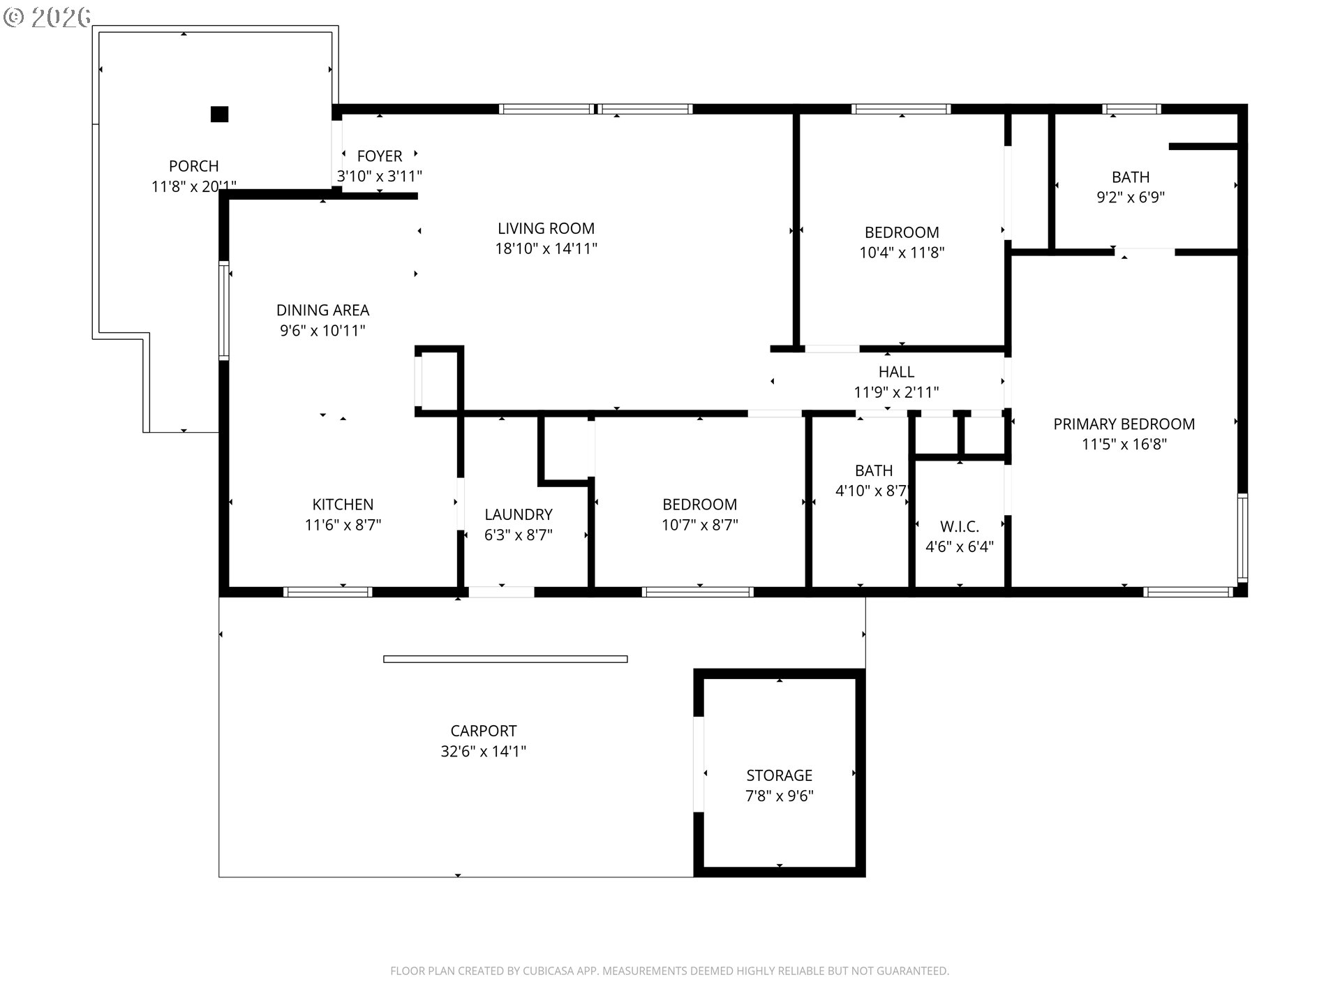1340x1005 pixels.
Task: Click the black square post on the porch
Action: [x=219, y=114]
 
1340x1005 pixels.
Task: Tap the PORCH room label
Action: [x=194, y=166]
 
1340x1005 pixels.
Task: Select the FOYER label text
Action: [x=380, y=156]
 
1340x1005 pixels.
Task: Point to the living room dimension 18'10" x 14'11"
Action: [x=546, y=248]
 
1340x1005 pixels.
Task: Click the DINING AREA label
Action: [x=322, y=310]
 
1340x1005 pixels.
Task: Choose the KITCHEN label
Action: [x=343, y=505]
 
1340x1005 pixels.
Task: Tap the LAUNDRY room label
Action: [x=519, y=514]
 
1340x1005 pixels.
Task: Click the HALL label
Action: [x=896, y=372]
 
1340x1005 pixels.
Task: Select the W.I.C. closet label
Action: [x=960, y=526]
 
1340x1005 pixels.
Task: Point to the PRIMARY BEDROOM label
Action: [x=1124, y=424]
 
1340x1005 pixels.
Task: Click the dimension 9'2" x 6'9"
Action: [x=1131, y=198]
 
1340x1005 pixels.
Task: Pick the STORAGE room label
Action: [x=780, y=775]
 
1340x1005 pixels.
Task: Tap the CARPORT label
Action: [x=484, y=731]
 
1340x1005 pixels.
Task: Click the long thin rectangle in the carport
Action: [x=505, y=659]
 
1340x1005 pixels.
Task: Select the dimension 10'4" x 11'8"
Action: [x=902, y=253]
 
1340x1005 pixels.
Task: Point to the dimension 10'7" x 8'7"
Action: [x=700, y=525]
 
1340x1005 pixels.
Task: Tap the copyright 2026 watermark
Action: [x=47, y=17]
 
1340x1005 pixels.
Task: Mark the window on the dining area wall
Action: [x=224, y=311]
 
